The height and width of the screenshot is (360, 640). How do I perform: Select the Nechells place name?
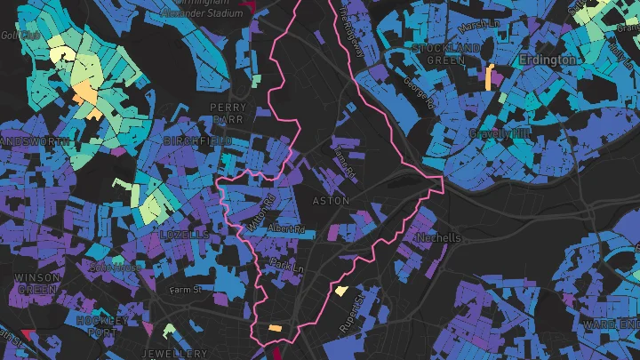pos(438,238)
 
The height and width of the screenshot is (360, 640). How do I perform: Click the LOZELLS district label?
pos(182,235)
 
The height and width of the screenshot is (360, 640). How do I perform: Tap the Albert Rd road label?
pos(286,229)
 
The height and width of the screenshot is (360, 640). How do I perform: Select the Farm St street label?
pos(186,290)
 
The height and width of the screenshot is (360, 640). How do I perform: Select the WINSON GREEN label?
pos(37,284)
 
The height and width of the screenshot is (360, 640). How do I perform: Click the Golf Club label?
pos(15,36)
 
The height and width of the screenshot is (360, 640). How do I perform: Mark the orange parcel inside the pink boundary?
pos(276,328)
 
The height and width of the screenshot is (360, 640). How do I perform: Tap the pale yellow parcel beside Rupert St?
pos(340,290)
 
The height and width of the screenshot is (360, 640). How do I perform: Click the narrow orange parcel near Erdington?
pos(489,76)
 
